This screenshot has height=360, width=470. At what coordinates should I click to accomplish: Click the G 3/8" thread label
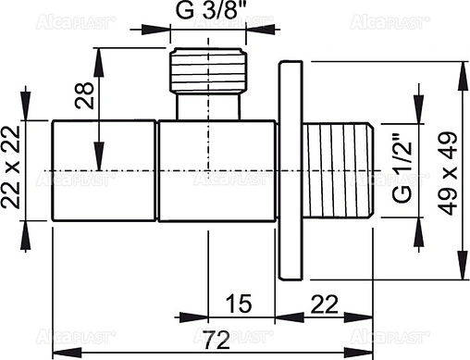[x=210, y=13]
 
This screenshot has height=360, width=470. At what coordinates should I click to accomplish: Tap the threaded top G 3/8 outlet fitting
[x=210, y=70]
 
